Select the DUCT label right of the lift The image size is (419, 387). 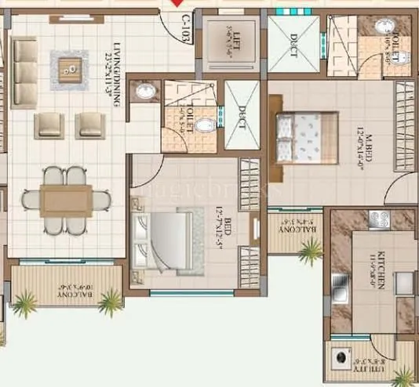[293, 42]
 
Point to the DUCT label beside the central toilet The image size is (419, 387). [242, 118]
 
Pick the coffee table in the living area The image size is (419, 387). [71, 69]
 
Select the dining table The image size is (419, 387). [66, 200]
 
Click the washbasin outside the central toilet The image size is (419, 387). [145, 92]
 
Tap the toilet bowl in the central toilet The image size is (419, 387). [203, 125]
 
